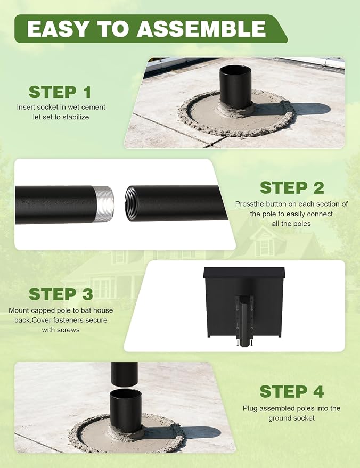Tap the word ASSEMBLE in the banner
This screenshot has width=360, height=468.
201,28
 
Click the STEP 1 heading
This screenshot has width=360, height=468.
60,92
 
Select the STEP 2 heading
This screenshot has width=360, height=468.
292,188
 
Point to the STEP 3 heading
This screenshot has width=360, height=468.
61,294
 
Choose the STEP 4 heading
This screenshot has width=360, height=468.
292,391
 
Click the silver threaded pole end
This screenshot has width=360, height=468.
104,204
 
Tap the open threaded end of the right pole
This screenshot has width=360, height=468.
132,203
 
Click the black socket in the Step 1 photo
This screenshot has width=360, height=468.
236,87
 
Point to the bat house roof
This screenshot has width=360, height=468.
244,273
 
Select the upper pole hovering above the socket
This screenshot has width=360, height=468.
124,374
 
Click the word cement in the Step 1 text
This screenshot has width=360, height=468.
95,107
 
